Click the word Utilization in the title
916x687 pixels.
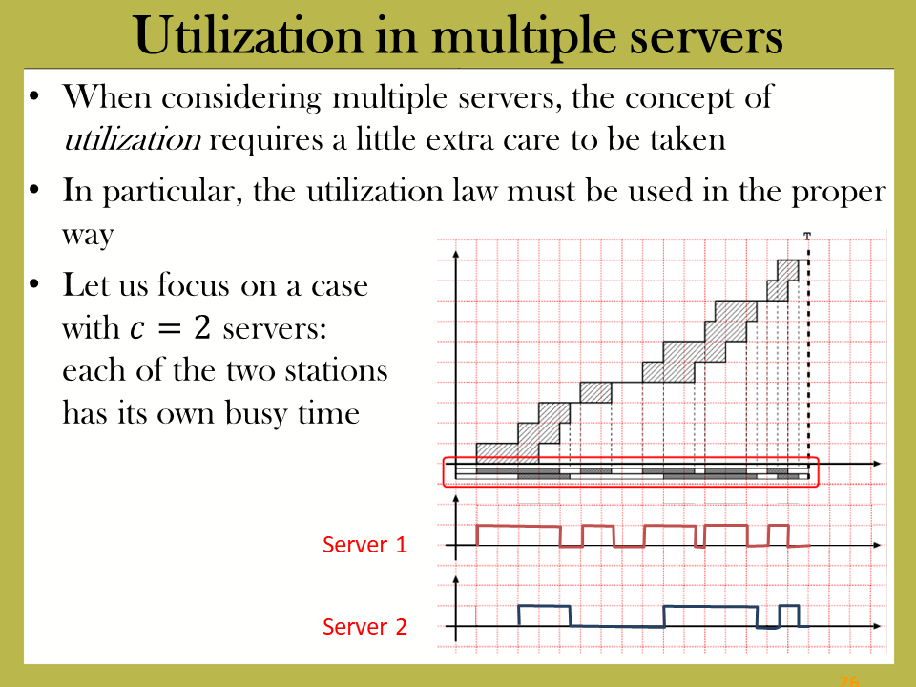[249, 36]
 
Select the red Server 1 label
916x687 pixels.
[364, 545]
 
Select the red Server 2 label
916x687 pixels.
[364, 627]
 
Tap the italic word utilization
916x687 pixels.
[133, 139]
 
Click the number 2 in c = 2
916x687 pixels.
[202, 327]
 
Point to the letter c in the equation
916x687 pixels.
[136, 329]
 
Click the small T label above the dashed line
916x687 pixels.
[807, 236]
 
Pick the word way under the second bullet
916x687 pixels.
[88, 236]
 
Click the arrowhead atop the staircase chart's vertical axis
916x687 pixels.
[456, 254]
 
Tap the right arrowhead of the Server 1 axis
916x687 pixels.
[877, 545]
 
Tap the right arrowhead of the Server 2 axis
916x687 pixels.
[877, 626]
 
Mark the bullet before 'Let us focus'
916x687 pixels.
[35, 285]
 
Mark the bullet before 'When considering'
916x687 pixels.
[35, 96]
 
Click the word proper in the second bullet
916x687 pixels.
[839, 193]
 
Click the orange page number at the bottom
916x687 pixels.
[849, 681]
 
